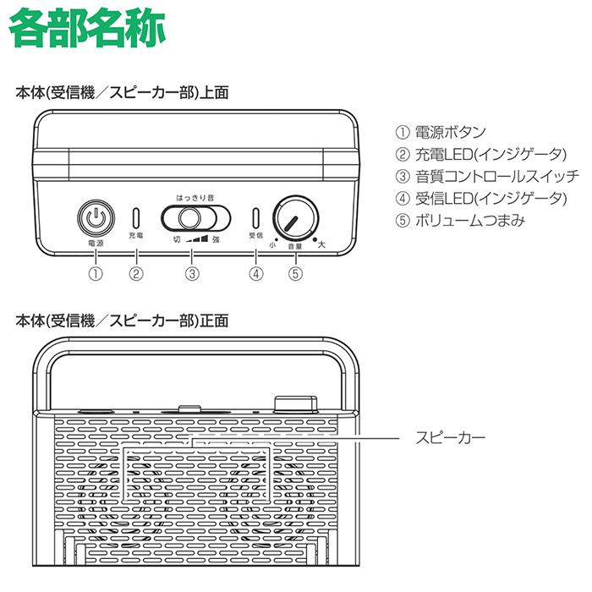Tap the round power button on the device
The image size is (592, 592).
point(96,218)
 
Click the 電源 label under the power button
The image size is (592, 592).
point(96,243)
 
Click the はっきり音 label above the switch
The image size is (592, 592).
point(195,197)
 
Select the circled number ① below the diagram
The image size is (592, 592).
point(96,273)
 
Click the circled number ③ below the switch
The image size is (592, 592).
point(193,273)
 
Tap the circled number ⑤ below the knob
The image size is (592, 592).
point(294,273)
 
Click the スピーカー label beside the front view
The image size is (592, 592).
point(450,438)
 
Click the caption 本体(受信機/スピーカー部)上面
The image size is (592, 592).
point(123,92)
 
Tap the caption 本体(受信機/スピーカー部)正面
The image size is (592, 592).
point(123,321)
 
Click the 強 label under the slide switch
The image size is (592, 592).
point(216,239)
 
